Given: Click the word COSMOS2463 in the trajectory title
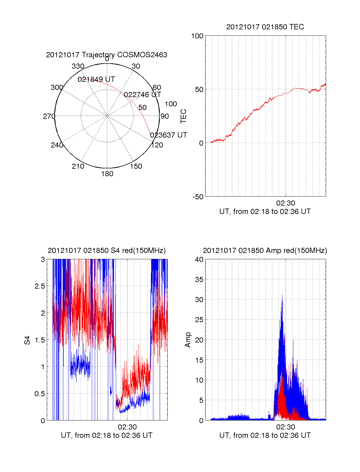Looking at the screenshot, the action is pos(142,55).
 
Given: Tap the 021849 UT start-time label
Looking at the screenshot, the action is pos(96,79).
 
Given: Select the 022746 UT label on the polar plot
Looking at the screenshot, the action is pos(142,95).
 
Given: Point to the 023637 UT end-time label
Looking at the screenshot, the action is pos(169,135).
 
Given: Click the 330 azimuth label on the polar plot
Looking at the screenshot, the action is pos(78,66).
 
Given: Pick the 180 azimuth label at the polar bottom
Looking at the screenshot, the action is pos(107,174).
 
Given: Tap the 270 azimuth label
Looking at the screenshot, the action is pos(49,116).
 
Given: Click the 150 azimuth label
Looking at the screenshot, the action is pos(136,166).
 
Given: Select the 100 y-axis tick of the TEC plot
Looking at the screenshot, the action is pos(197,36).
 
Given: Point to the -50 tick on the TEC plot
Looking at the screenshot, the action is pos(198,197).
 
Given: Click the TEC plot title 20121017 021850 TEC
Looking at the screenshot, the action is pos(265,27).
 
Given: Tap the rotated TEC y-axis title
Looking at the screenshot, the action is pos(184,116).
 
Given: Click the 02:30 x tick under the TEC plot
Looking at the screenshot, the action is pos(286,203).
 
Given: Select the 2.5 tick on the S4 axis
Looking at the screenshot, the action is pos(40,286).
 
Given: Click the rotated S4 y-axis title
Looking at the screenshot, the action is pos(27,340).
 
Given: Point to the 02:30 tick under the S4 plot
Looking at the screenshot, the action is pos(127,427).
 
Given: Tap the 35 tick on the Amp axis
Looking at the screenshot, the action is pos(199,280).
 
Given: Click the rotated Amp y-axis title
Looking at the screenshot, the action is pos(188,340).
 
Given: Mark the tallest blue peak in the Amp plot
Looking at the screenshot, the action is pos(282,295).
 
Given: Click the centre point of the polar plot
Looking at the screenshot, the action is pos(107,116).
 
